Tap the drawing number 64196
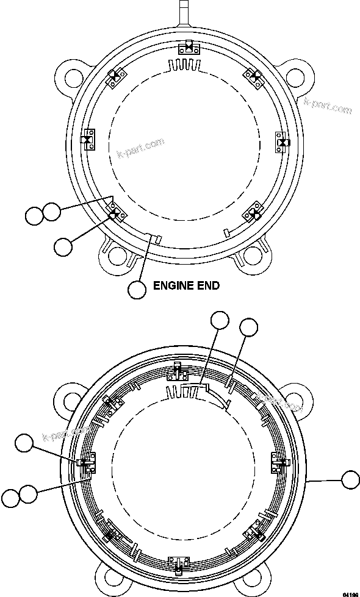(350, 593)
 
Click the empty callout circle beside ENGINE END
(138, 290)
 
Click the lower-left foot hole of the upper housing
(117, 256)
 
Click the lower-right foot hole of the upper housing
(254, 257)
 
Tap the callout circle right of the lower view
(350, 480)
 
